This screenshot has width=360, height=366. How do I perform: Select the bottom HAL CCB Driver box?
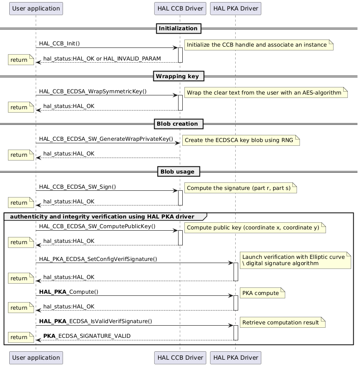point(180,358)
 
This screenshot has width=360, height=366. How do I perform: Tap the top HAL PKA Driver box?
point(235,8)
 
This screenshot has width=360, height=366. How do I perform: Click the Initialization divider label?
point(179,29)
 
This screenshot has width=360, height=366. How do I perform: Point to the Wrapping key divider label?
point(178,76)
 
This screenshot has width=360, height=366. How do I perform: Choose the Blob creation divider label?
point(178,124)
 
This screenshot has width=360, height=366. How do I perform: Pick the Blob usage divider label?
point(178,171)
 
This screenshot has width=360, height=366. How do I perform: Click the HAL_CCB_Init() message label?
point(60,44)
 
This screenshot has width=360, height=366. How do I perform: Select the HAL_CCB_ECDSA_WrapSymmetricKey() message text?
point(93,91)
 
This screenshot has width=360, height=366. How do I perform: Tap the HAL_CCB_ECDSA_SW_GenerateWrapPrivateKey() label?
point(106,139)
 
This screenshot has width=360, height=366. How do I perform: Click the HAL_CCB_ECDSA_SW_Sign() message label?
point(78,187)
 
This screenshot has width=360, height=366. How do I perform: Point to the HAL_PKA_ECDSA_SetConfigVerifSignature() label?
point(98,259)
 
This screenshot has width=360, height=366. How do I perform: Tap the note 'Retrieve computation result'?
point(283,322)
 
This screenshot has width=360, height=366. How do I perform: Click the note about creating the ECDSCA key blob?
point(242,140)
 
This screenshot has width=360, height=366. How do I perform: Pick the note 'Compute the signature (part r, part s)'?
point(240,188)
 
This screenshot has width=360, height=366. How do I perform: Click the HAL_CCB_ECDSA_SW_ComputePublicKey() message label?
point(97,226)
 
